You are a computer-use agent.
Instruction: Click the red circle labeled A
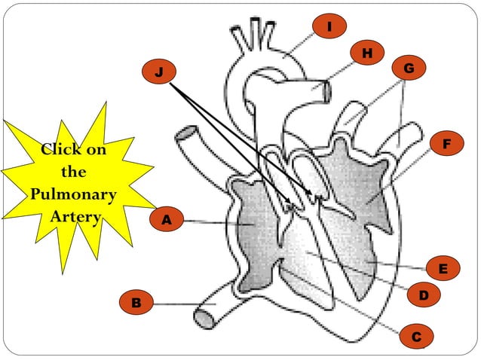click(167, 220)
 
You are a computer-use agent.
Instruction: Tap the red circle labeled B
click(136, 303)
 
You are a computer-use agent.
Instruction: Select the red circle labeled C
click(416, 336)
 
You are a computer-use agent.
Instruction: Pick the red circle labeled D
click(424, 297)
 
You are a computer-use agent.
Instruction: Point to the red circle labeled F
click(446, 143)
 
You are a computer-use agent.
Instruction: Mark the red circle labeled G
click(409, 69)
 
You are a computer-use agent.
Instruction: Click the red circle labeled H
click(367, 53)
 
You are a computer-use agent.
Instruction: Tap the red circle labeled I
click(329, 27)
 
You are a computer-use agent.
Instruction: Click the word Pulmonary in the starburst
click(73, 194)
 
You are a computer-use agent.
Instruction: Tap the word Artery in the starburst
click(75, 217)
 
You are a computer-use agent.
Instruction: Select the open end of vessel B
click(202, 318)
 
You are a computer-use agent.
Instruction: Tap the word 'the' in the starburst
click(73, 172)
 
